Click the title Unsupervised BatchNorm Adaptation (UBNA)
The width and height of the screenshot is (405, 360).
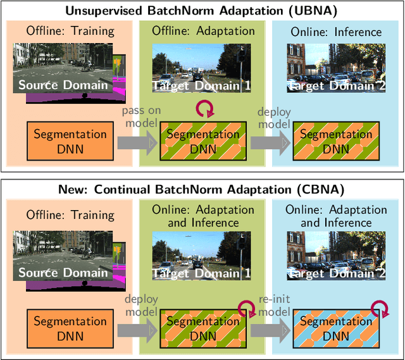[x=202, y=10]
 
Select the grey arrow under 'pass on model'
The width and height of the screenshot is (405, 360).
[x=135, y=143]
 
